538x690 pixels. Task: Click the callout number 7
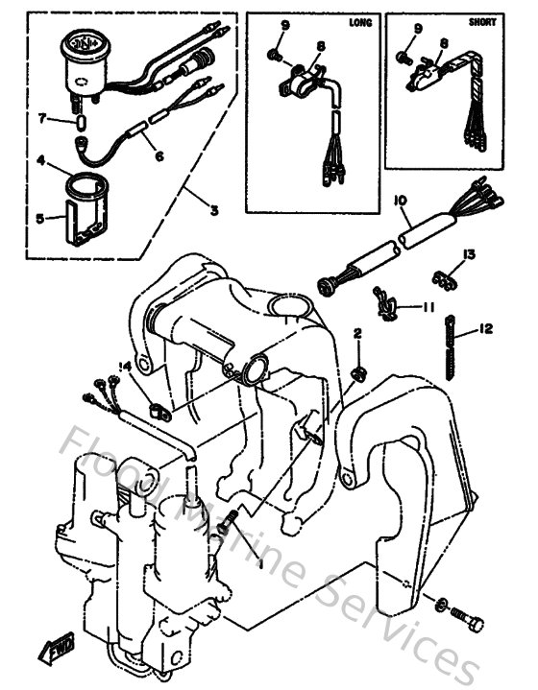coord(42,118)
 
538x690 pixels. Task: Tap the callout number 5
coord(39,218)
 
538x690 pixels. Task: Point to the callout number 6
coord(159,154)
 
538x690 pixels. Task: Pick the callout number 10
coord(400,201)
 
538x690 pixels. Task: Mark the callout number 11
coord(429,306)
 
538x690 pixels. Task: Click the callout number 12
coord(485,330)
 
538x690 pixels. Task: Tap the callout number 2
coord(356,333)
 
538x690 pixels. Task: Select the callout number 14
coord(124,366)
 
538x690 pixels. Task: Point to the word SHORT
coord(483,20)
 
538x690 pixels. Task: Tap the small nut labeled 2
coord(357,372)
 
